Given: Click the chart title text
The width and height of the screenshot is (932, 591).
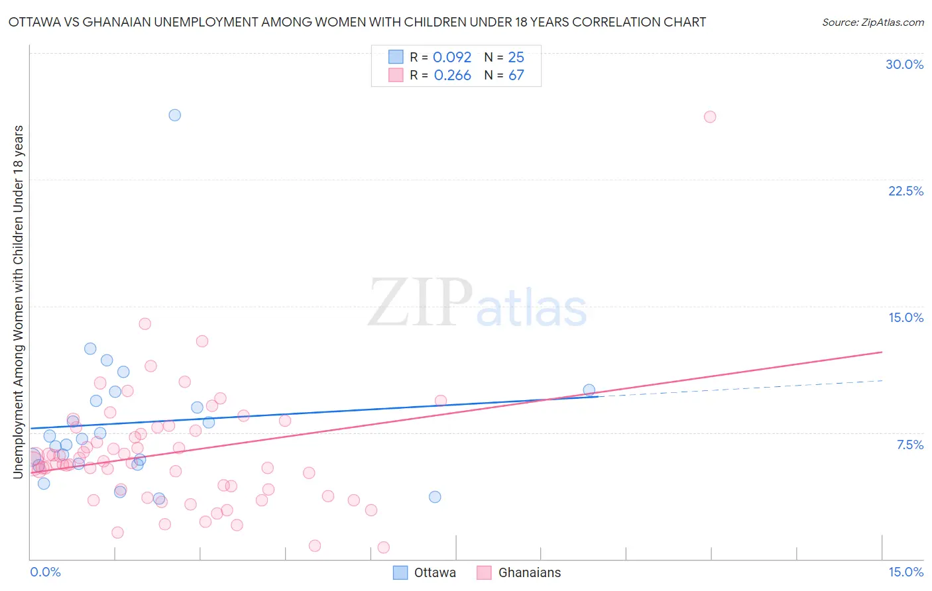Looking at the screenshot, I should (x=357, y=22).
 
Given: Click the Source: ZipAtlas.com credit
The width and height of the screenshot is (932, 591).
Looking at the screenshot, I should (x=872, y=22).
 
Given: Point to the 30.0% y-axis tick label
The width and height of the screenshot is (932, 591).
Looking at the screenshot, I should (x=904, y=64).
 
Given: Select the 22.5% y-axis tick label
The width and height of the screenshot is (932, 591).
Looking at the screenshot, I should (x=905, y=191).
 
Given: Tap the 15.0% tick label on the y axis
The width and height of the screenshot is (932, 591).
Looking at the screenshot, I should (x=905, y=317).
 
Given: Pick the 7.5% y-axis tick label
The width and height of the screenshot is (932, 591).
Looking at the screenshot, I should (x=909, y=445).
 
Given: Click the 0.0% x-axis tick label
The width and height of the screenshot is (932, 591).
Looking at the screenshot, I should (x=45, y=572).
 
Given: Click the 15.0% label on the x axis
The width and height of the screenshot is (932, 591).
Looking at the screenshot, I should (x=905, y=572).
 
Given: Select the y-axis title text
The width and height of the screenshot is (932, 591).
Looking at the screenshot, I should (x=18, y=301).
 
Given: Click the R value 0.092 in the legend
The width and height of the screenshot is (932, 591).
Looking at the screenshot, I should (x=452, y=57).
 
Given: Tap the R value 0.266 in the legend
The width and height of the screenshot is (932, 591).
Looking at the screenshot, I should (x=452, y=75).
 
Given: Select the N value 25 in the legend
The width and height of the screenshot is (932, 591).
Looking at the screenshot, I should (x=516, y=57).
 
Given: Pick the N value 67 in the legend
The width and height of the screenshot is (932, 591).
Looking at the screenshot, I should (x=516, y=75).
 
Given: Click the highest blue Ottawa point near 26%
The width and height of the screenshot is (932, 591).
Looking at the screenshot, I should (x=175, y=115).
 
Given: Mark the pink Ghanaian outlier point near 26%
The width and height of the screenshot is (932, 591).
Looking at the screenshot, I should (x=710, y=117).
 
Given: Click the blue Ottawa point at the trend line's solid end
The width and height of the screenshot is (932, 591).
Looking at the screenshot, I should (x=589, y=390).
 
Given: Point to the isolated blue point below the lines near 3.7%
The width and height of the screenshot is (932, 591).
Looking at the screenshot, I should (x=435, y=497).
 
